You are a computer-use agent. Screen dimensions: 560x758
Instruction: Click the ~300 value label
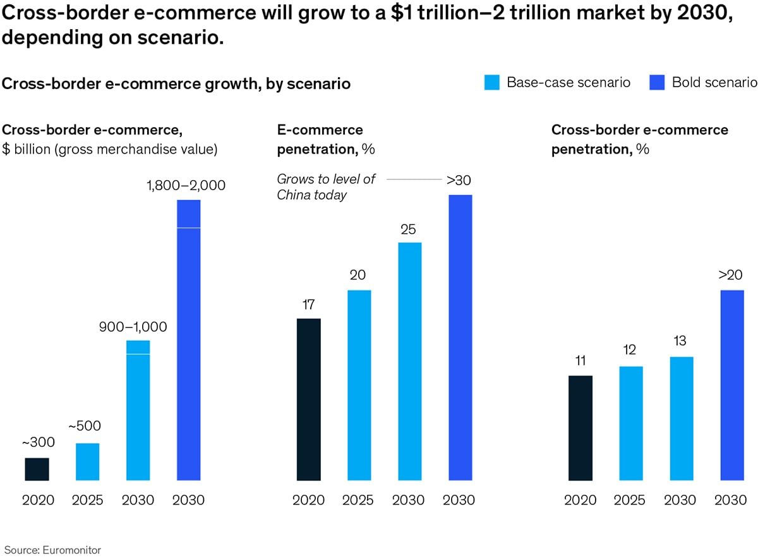click(x=37, y=442)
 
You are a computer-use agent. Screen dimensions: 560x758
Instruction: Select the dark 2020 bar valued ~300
click(x=37, y=469)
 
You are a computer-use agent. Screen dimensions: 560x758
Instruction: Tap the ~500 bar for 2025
click(x=87, y=462)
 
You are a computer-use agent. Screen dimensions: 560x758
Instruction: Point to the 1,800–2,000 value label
click(x=186, y=186)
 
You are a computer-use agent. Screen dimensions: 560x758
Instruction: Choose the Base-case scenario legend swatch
click(x=492, y=82)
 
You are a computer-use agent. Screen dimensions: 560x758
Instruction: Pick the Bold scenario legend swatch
click(x=657, y=82)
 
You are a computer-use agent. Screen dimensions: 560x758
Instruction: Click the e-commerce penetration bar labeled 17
click(x=308, y=399)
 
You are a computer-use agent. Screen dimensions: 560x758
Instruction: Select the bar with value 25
click(x=409, y=362)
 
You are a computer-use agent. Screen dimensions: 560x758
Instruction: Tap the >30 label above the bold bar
click(x=459, y=180)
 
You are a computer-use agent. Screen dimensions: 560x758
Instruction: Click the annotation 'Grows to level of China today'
click(x=326, y=187)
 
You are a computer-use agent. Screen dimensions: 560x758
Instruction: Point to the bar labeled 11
click(x=581, y=428)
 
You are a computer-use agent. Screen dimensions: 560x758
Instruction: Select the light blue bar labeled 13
click(x=682, y=418)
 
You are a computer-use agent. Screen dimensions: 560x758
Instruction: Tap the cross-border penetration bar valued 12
click(x=631, y=423)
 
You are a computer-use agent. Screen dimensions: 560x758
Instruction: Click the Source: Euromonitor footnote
click(x=52, y=550)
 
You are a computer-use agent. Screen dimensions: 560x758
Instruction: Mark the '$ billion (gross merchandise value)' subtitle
click(x=111, y=150)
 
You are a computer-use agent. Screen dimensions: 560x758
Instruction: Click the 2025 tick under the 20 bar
click(x=359, y=500)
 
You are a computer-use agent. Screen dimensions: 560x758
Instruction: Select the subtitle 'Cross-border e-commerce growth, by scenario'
click(x=177, y=83)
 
